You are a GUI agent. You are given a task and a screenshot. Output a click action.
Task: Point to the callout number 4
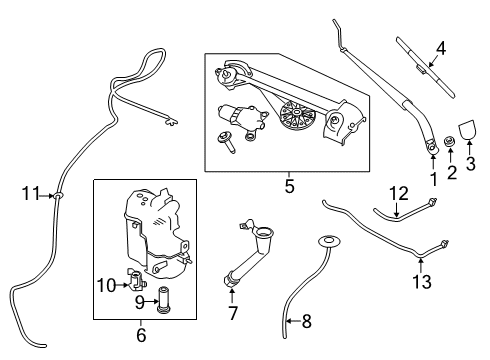[440, 47]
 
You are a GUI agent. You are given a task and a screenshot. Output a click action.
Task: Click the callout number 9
[139, 300]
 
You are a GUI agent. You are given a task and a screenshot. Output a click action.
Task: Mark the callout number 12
[399, 192]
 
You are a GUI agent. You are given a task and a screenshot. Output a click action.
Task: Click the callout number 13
[422, 282]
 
